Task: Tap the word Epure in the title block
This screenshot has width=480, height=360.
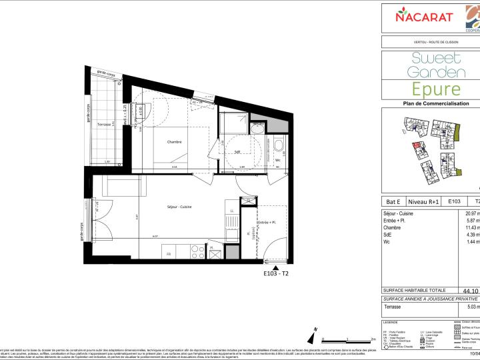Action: (x=435, y=89)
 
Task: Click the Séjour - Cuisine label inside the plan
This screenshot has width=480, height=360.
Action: (x=179, y=207)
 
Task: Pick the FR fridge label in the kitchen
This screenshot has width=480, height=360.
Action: (x=168, y=253)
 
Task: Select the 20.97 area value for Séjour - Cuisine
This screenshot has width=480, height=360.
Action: (x=471, y=212)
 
